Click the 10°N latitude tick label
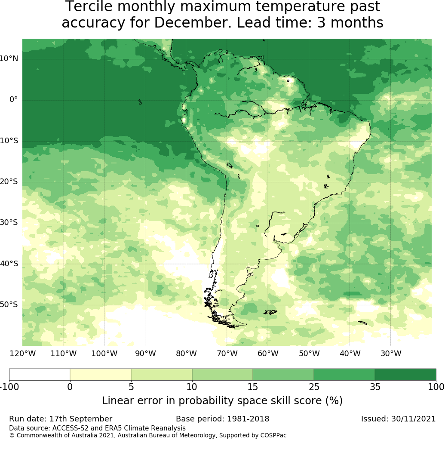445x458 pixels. [x=9, y=58]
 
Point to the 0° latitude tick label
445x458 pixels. [x=14, y=99]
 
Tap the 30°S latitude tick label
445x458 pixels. [x=9, y=222]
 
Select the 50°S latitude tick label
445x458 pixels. [x=9, y=304]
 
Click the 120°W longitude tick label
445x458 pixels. [x=22, y=354]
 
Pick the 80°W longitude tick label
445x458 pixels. [x=186, y=354]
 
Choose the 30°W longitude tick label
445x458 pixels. [x=391, y=354]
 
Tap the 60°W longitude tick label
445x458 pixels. [x=268, y=354]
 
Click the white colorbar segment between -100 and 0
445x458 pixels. [x=40, y=375]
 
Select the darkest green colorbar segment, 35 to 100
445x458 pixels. [x=405, y=375]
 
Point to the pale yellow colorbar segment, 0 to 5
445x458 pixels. [x=100, y=375]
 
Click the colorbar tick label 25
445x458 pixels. [x=314, y=387]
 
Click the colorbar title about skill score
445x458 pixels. [x=222, y=401]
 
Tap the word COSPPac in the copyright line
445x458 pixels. [x=273, y=435]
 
